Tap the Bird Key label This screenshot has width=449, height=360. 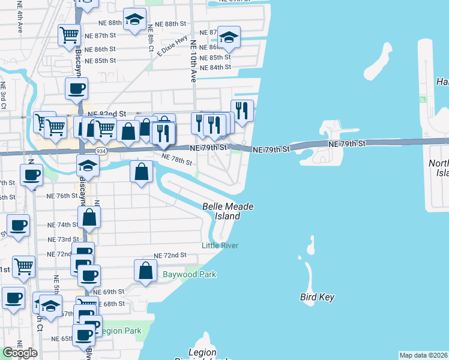pos(317,297)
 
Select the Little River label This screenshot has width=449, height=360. pos(220,245)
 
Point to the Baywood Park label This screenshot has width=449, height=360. pos(189,275)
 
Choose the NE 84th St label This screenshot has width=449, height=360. pos(215,67)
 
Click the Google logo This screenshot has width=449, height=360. pos(20,353)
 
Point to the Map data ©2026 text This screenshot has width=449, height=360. pos(424,355)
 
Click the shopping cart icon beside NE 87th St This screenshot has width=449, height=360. pos(69,35)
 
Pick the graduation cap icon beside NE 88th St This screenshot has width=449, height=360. pos(134,19)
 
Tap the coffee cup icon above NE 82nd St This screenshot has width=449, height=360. pos(76,89)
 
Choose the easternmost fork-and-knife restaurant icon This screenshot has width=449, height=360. pos(242,110)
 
